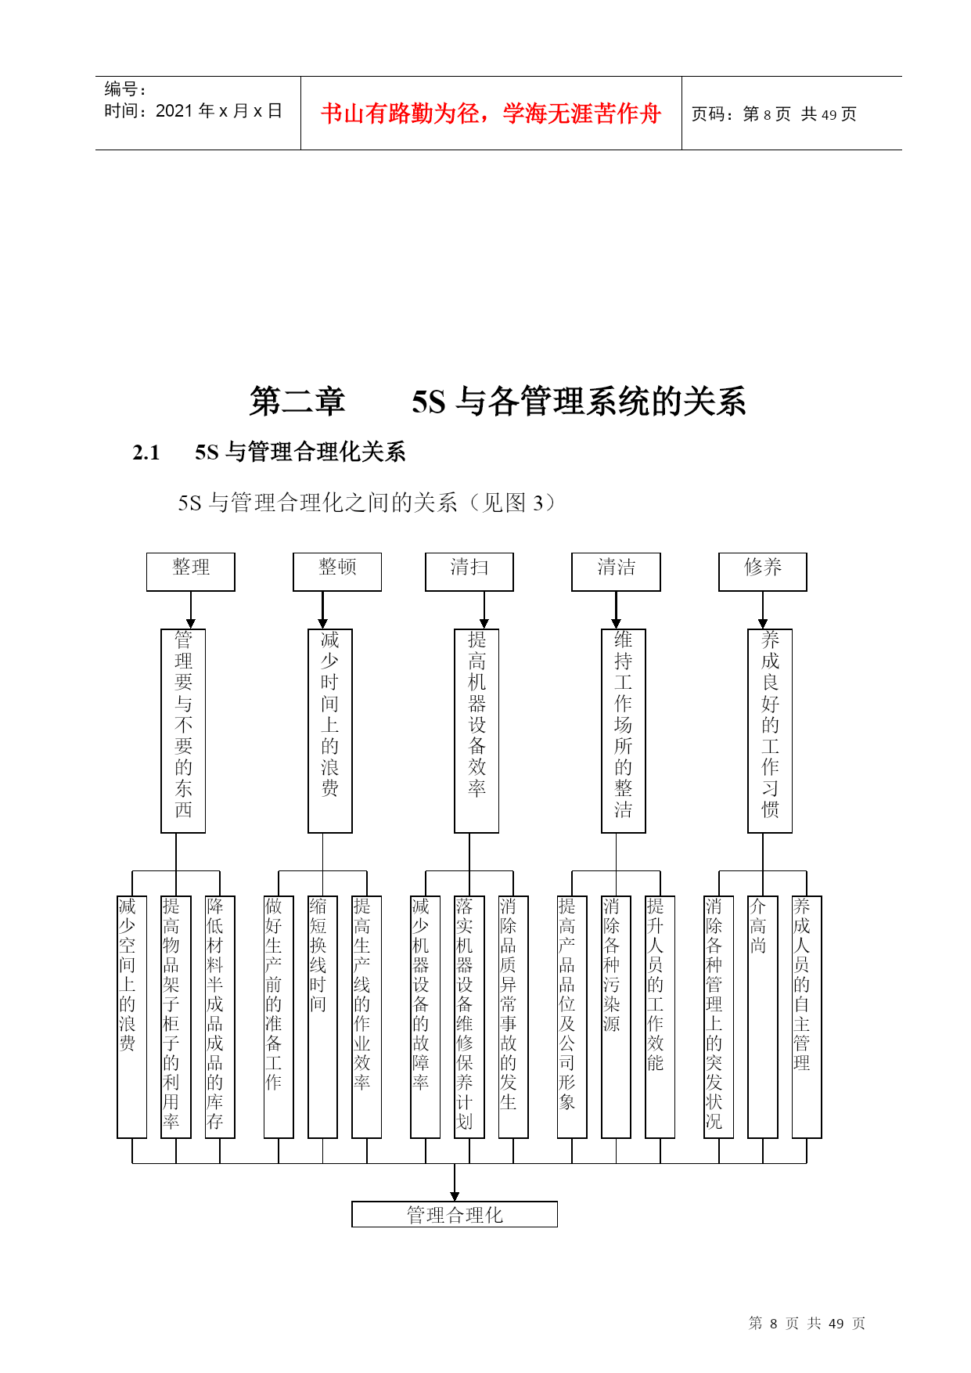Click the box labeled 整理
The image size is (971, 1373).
(x=190, y=571)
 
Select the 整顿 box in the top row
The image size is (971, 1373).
(x=337, y=571)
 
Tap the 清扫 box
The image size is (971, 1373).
(x=469, y=571)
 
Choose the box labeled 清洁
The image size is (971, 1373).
(x=616, y=571)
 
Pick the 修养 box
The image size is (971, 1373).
(x=763, y=571)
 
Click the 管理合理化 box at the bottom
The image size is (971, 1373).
(x=455, y=1214)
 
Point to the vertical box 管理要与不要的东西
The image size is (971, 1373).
(x=183, y=730)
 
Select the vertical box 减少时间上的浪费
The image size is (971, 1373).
(x=330, y=730)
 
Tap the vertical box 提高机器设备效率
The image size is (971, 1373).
(x=477, y=730)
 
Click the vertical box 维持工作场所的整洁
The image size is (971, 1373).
(x=624, y=730)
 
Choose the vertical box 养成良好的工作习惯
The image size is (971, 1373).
(x=770, y=730)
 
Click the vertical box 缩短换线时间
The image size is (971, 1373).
(x=322, y=1017)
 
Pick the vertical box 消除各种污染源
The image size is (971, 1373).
(x=616, y=1017)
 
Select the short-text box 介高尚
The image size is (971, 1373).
(x=763, y=1017)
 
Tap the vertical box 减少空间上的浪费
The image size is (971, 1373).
(x=131, y=1017)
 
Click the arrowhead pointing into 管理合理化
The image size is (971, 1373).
(x=455, y=1196)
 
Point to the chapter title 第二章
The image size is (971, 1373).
(x=297, y=402)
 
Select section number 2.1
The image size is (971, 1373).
(x=146, y=452)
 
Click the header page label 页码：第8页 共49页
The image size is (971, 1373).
(x=774, y=114)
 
